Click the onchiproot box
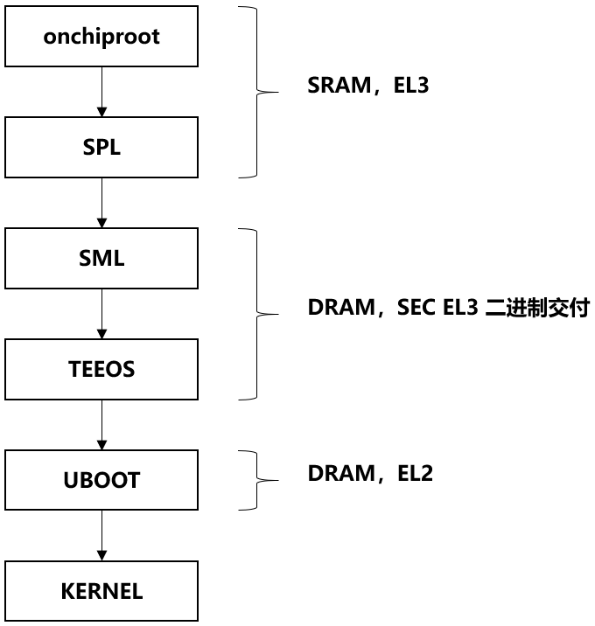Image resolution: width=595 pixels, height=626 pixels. (101, 38)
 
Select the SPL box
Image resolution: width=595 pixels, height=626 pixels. (101, 148)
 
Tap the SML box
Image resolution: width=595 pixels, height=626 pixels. (101, 259)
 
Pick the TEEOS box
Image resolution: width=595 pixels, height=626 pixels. (101, 369)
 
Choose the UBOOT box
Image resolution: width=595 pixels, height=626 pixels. (101, 480)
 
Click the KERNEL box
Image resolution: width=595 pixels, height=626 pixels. (101, 591)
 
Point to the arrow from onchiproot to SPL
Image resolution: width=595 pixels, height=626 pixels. (101, 93)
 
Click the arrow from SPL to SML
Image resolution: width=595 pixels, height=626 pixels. (101, 203)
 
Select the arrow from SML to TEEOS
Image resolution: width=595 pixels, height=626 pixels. (101, 314)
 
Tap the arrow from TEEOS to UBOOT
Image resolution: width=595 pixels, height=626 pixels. (101, 425)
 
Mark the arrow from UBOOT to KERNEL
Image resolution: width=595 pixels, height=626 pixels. (101, 535)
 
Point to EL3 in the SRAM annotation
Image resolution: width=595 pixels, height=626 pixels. (411, 87)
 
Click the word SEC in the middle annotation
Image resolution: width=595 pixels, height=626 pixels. (416, 309)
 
